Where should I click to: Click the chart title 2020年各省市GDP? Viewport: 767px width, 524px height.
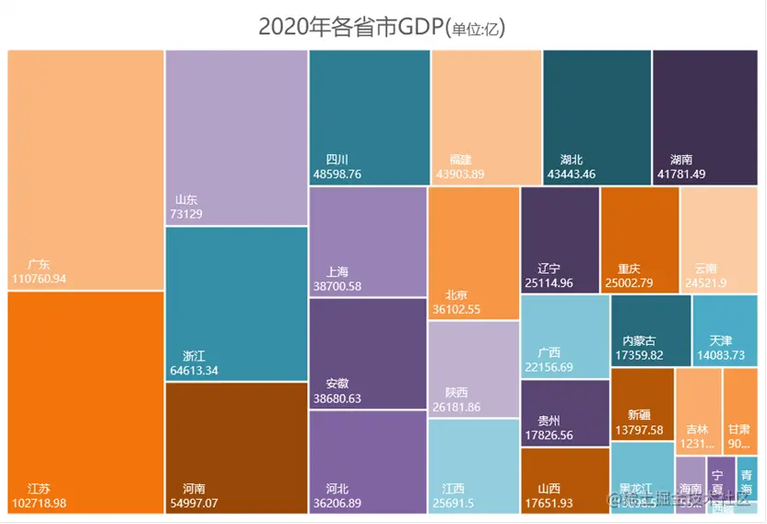pos(382,26)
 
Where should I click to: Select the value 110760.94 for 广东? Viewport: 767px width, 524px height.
pos(40,278)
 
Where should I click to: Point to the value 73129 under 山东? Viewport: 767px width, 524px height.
pos(186,214)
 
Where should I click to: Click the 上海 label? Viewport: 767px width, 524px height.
pos(337,272)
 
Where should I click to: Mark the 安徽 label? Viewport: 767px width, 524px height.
pos(337,384)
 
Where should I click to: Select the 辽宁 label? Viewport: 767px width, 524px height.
pos(549,268)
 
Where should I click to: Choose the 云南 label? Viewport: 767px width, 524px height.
pos(705,268)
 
